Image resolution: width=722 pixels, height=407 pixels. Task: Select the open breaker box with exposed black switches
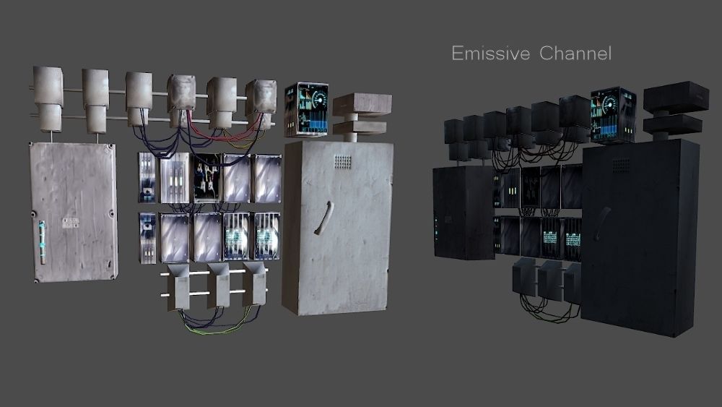208,178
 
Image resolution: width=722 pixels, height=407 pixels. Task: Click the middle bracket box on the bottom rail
218,284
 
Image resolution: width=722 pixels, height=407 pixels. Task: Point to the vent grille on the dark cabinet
620,166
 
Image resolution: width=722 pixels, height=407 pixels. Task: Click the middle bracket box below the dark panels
549,280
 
